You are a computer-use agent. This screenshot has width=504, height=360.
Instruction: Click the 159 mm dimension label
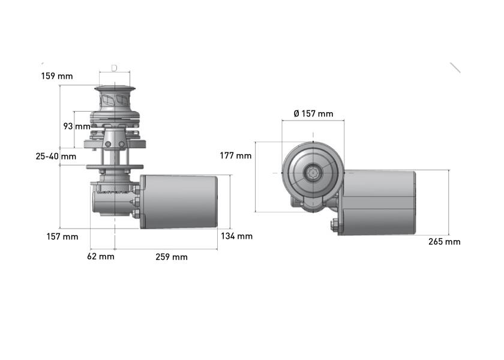pos(56,76)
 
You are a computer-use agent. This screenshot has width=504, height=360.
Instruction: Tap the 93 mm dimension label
pos(76,127)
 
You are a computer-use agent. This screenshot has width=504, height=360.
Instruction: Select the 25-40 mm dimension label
pos(56,156)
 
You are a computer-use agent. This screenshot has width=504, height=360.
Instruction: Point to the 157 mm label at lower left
pos(62,236)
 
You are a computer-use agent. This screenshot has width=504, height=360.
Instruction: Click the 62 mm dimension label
pos(101,257)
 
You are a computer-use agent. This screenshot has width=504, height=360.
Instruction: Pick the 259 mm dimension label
pos(172,257)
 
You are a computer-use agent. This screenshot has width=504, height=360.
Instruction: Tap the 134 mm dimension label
pos(236,236)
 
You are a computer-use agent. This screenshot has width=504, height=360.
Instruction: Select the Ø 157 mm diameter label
pos(313,113)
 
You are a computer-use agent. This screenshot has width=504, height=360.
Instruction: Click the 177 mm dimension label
pos(235,155)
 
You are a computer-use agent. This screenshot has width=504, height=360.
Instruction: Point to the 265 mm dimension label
pos(445,242)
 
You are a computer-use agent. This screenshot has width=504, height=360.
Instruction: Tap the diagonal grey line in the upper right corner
pos(455,67)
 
